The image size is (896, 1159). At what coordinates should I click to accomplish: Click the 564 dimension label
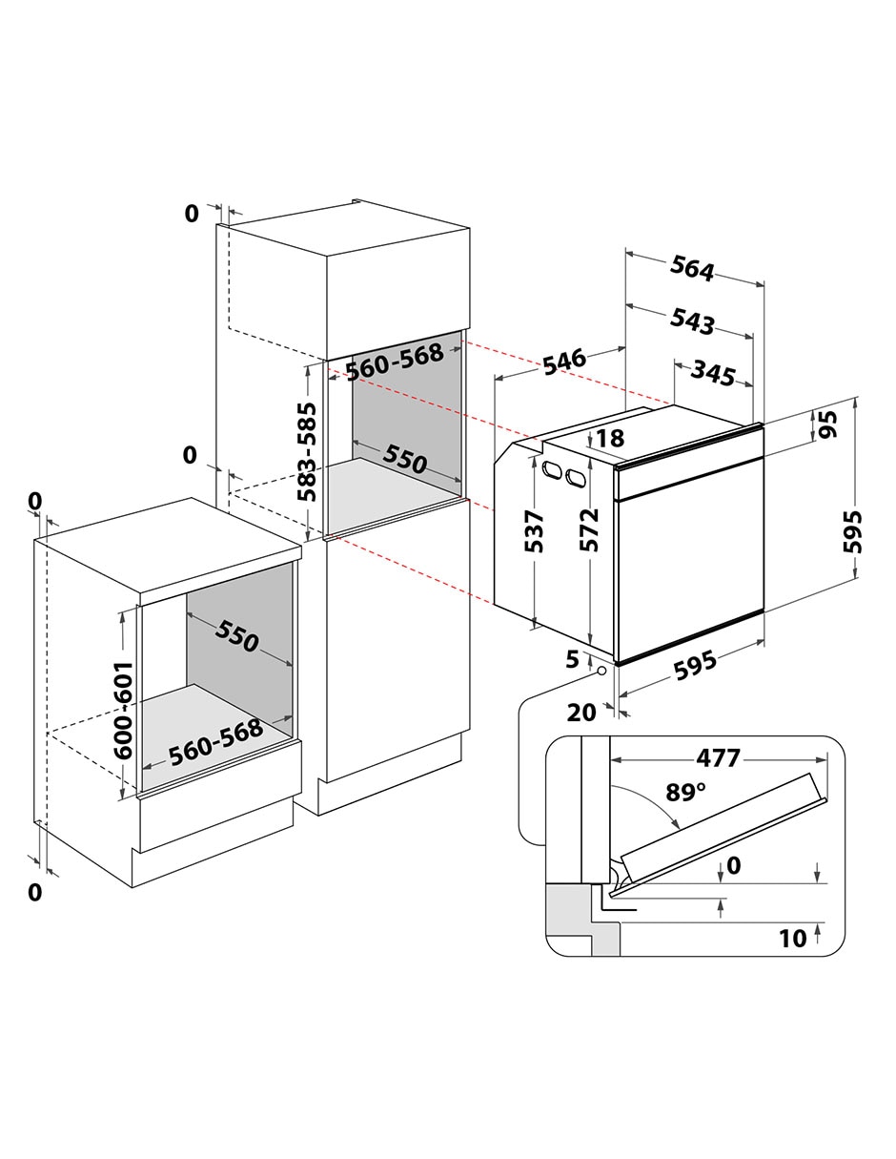point(691,268)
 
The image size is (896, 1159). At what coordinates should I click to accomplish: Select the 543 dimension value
point(691,321)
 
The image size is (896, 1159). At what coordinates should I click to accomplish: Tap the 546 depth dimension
point(564,362)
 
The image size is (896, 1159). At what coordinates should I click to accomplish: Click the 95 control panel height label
point(826,424)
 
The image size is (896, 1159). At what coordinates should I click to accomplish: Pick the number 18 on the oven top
point(610,438)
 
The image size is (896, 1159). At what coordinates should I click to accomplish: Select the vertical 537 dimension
point(534,531)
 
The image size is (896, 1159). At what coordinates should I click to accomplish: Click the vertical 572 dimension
point(589,529)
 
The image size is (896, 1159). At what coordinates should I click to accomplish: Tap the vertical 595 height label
point(852,531)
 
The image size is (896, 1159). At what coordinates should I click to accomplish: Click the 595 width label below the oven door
point(695,666)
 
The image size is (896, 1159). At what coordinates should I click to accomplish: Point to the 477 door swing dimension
point(719,758)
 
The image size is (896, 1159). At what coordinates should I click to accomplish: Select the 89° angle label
point(685,792)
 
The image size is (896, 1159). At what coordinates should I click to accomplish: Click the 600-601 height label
point(123,710)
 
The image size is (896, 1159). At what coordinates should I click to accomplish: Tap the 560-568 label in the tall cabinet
point(395,362)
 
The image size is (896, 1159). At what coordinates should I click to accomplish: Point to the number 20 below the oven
point(581,712)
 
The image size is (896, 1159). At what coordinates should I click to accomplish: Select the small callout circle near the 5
point(602,671)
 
